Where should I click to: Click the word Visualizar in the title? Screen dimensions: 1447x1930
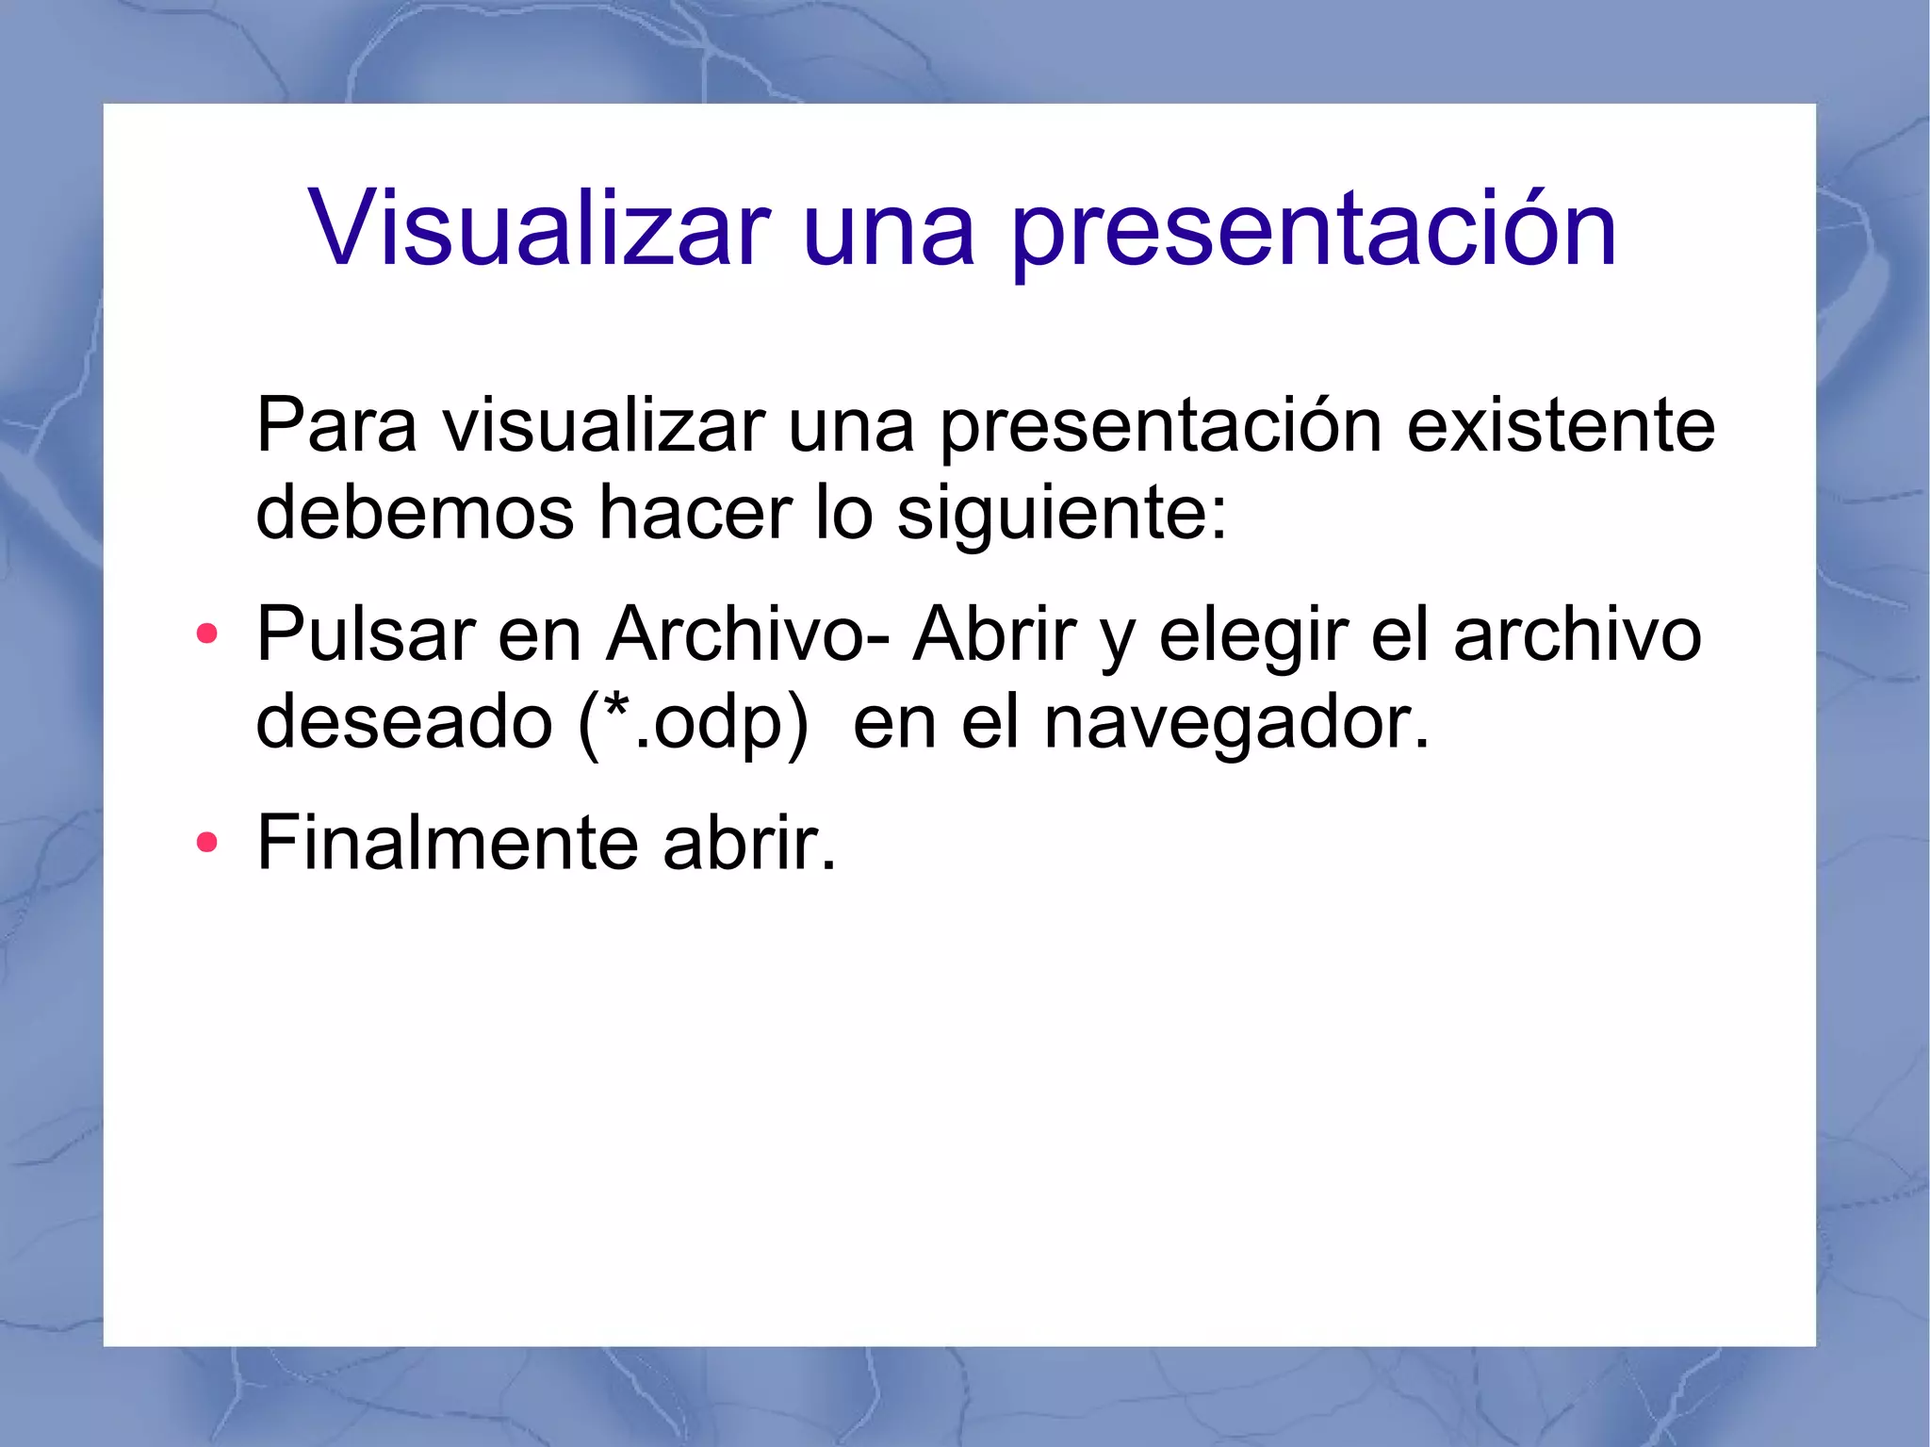(539, 228)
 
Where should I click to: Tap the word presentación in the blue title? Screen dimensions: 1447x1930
(1314, 231)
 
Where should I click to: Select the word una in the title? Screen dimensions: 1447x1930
(888, 231)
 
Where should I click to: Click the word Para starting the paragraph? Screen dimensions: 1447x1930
(335, 425)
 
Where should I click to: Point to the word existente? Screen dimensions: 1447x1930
(1561, 425)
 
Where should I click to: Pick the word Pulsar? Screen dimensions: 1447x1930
(366, 633)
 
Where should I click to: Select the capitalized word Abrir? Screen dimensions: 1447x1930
(994, 633)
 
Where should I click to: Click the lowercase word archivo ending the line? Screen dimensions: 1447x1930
(1577, 633)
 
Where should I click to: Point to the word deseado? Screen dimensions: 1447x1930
(403, 721)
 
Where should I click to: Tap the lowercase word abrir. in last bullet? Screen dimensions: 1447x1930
(749, 842)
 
